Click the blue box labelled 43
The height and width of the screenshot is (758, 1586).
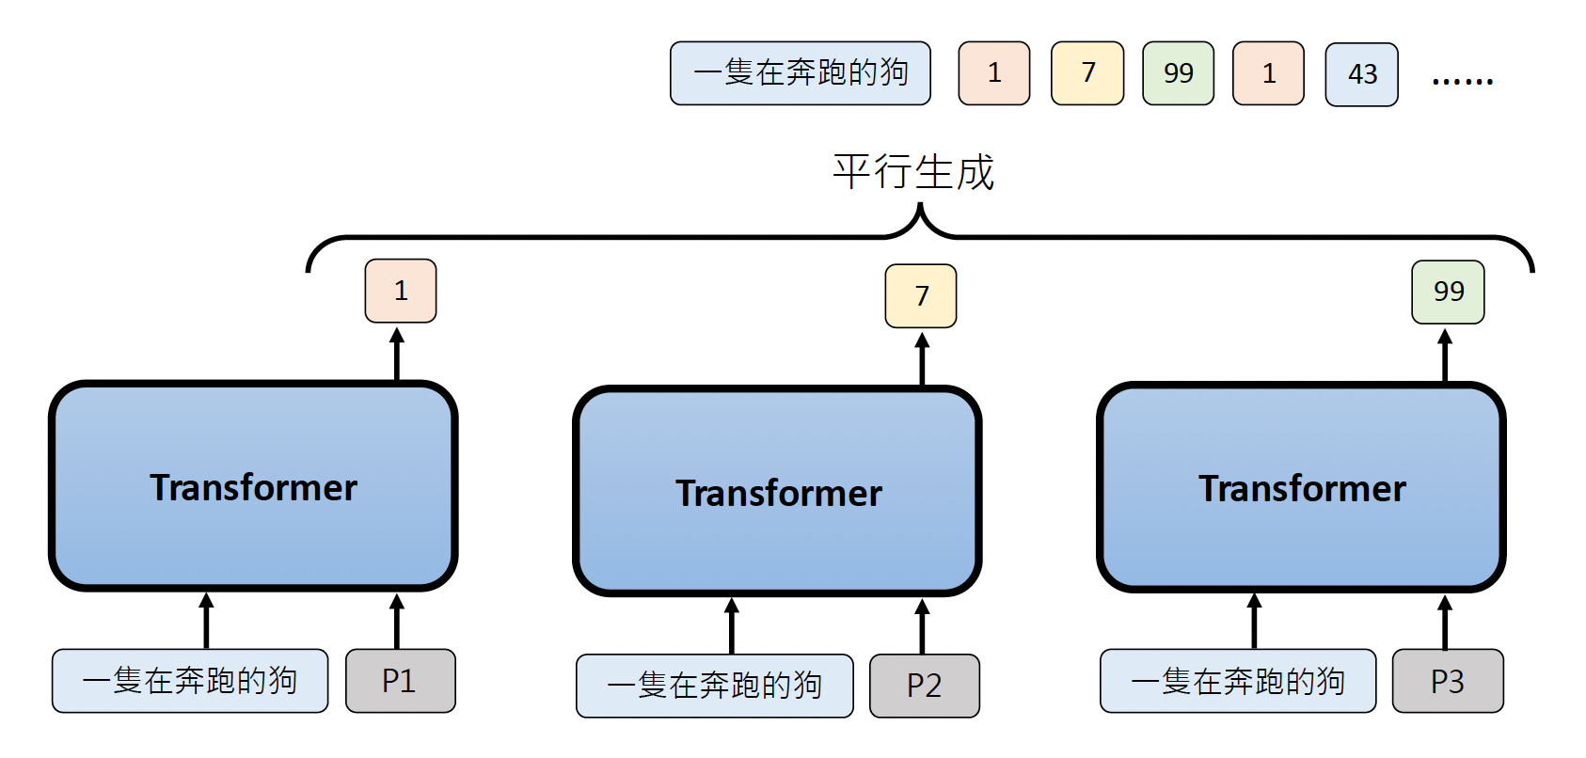[x=1361, y=74]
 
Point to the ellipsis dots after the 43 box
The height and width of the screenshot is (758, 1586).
[x=1462, y=81]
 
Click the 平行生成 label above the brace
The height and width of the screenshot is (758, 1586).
[x=913, y=172]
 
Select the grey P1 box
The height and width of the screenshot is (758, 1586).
[x=401, y=681]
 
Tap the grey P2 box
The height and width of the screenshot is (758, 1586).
[x=924, y=686]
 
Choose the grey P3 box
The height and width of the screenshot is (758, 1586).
[x=1448, y=681]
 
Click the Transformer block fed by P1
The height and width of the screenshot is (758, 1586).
[x=253, y=486]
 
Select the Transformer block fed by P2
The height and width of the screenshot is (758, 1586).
[x=777, y=492]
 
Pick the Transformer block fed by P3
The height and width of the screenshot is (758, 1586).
[x=1301, y=487]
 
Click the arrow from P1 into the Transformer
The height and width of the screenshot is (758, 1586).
[x=397, y=621]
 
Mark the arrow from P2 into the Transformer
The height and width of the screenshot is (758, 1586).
[x=922, y=626]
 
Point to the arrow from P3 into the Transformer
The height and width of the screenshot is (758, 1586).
[x=1445, y=622]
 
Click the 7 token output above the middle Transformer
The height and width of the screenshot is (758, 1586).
[x=921, y=296]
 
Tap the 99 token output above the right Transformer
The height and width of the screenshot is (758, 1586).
[x=1448, y=292]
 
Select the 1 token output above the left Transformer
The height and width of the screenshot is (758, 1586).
[x=401, y=291]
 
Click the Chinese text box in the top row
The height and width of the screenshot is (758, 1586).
[x=801, y=73]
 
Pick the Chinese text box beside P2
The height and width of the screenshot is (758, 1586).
[x=715, y=686]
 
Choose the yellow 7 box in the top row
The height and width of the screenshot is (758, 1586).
[x=1087, y=73]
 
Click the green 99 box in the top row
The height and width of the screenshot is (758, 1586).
[x=1178, y=73]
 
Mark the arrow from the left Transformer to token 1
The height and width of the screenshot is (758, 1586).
[x=397, y=355]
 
